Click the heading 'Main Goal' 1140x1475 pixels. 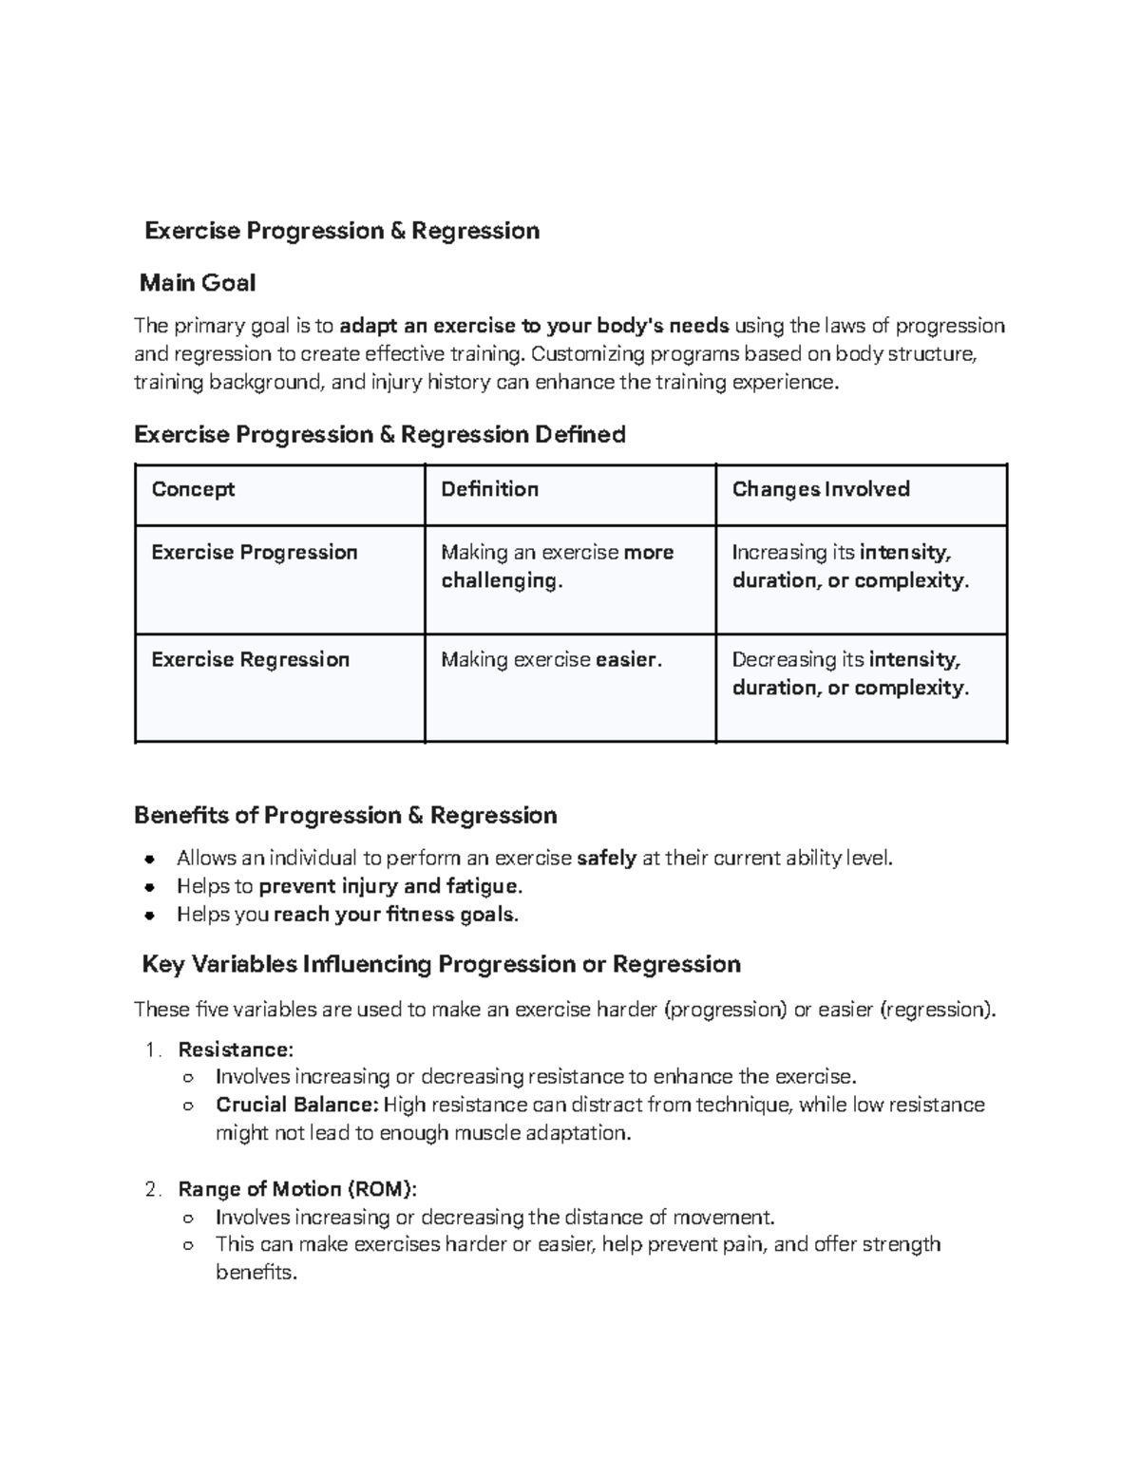pos(197,282)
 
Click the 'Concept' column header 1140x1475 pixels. pos(193,489)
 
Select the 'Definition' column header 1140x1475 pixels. pos(489,489)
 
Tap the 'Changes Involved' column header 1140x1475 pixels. pos(821,489)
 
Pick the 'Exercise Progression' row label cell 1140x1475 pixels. pos(255,553)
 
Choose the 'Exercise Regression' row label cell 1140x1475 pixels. pos(251,659)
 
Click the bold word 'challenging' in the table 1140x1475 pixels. pos(500,580)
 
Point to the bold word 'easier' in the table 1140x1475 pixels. pos(625,659)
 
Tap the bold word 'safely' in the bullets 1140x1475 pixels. pos(606,859)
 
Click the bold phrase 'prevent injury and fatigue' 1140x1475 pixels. pos(389,886)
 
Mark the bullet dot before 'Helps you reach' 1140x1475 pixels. pos(149,916)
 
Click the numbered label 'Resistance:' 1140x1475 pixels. pos(236,1050)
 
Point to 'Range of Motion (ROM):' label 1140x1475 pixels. pos(297,1189)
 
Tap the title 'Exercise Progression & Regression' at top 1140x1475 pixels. pos(342,231)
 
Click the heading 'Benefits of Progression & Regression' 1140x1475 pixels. pos(346,815)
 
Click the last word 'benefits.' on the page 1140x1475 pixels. pos(256,1273)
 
